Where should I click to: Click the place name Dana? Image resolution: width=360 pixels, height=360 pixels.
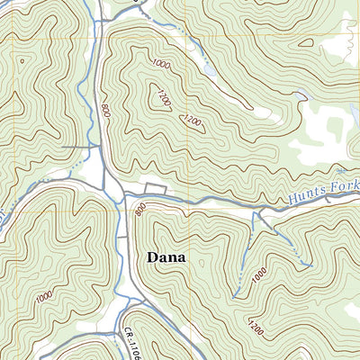[x=166, y=257]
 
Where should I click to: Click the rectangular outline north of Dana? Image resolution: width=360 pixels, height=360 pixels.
[x=156, y=187]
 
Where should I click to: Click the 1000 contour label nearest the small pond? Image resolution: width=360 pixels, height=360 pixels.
[x=162, y=65]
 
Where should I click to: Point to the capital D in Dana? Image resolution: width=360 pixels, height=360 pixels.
[x=151, y=257]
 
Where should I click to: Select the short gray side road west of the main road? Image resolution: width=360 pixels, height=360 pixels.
[x=79, y=146]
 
